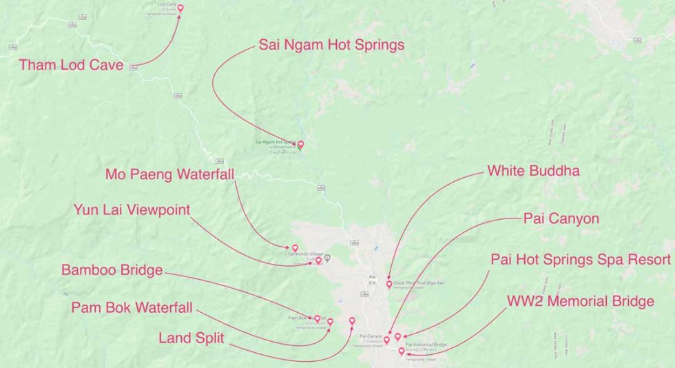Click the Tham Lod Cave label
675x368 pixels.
[72, 65]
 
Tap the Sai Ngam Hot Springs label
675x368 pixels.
[331, 45]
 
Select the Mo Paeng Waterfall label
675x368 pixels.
[169, 174]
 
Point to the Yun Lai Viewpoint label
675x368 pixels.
[132, 209]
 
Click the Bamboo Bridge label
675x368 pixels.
[112, 269]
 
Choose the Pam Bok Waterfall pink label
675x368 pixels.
[132, 307]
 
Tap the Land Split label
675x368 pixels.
[190, 338]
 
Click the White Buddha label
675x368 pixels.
[533, 171]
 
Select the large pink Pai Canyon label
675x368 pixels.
[561, 219]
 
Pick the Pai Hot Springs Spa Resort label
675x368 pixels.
[580, 260]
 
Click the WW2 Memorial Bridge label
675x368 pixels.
[580, 301]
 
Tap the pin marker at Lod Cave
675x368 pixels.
[180, 9]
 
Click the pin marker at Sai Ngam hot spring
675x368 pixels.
[300, 145]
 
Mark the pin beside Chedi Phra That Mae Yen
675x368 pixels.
[389, 284]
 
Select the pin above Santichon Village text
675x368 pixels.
[295, 247]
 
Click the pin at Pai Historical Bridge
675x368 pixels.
[402, 351]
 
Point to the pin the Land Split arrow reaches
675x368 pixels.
[352, 320]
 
